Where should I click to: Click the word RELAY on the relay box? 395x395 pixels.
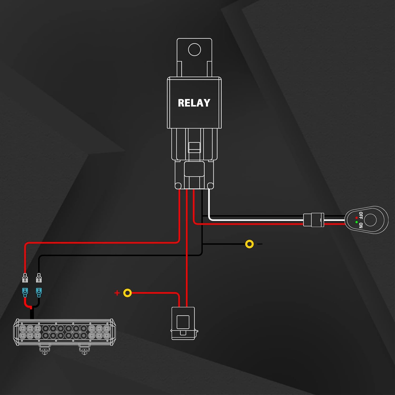194,103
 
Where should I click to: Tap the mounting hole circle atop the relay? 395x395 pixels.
195,50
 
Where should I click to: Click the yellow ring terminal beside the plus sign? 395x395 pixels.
127,293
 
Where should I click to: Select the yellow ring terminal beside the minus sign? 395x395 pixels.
249,244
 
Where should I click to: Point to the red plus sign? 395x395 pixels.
117,293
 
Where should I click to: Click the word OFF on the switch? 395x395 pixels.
361,215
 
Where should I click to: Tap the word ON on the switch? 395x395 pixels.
361,225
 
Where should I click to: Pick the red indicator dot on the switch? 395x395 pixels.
357,218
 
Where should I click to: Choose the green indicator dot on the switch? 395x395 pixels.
357,223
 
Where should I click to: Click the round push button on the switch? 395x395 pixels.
371,220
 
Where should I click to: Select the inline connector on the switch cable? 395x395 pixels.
314,220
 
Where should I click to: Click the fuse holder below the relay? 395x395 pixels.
183,323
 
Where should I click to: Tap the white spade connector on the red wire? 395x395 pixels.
25,278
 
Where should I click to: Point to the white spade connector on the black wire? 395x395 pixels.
39,278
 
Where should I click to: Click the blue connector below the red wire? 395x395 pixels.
25,292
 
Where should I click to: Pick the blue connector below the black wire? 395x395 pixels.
39,292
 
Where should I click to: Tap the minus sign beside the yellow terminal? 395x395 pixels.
260,244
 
